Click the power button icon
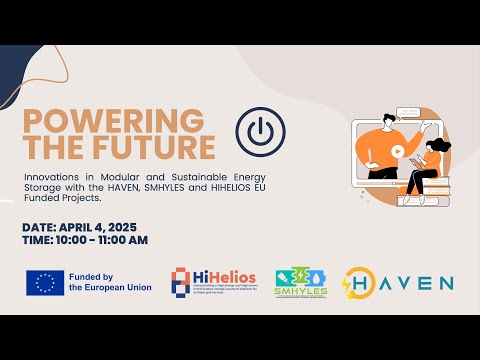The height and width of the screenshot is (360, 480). point(257,131)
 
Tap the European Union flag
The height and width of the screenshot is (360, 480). point(45,282)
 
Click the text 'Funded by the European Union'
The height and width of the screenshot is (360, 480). point(109,282)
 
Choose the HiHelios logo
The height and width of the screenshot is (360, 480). point(213,282)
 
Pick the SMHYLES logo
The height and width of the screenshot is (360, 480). point(300,282)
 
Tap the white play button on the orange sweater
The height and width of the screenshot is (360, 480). point(397,152)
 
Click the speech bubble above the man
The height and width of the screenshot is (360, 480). point(405,112)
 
